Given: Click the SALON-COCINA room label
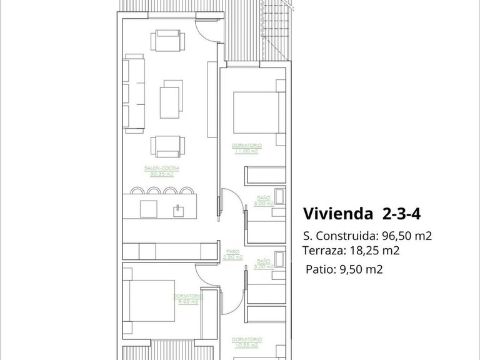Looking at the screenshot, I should coord(161,171).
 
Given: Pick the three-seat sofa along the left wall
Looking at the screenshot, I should coord(134,94).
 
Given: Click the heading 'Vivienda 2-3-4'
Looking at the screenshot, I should coord(361,214).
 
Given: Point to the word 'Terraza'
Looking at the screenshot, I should coord(322,251).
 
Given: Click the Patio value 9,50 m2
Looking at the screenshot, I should coord(361,270).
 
